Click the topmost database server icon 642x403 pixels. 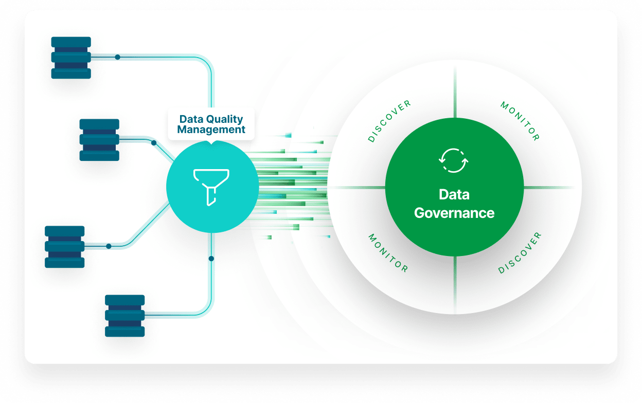(71, 58)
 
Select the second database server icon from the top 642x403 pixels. (99, 140)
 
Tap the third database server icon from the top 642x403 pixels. (64, 247)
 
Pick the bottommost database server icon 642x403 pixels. (124, 316)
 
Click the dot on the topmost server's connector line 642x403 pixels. (117, 57)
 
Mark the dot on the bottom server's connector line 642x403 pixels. (211, 258)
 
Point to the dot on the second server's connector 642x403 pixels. (154, 143)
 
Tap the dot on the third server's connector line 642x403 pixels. (109, 246)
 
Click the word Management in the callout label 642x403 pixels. (211, 130)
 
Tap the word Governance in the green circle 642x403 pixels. (454, 213)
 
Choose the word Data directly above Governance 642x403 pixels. (454, 195)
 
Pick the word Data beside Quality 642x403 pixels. (190, 119)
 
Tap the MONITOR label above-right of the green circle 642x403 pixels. (520, 121)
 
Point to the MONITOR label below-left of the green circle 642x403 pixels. (388, 253)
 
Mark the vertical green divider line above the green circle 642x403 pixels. (455, 93)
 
